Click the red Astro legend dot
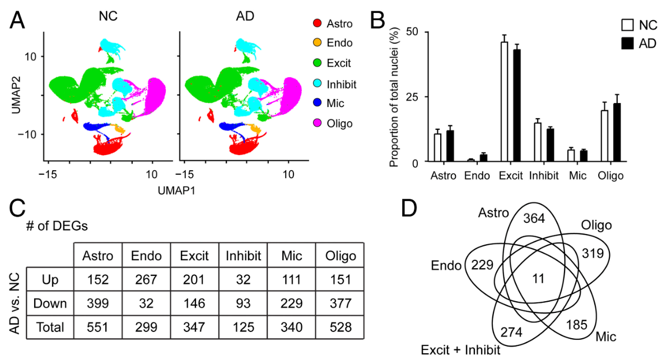[x=317, y=24]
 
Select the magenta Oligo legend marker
[x=317, y=123]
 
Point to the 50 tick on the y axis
[x=414, y=31]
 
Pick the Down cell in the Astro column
[x=97, y=303]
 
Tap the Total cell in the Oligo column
[x=339, y=327]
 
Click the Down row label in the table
[x=50, y=303]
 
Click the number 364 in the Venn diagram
[x=533, y=219]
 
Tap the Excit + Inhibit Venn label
[x=460, y=350]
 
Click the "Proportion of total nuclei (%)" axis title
[x=394, y=96]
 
